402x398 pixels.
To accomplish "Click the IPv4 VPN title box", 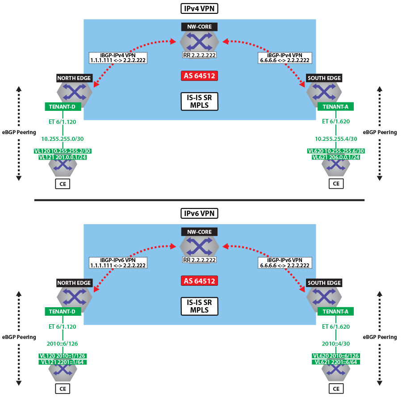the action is tap(199, 8).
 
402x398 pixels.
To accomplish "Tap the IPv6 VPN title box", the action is tap(199, 213).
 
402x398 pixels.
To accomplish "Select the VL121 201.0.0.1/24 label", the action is tap(63, 157).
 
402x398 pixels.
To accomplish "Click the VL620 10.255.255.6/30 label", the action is tap(336, 151).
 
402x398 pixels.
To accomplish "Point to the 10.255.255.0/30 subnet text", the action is tap(63, 139).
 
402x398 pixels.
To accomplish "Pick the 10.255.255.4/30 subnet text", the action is tap(336, 139).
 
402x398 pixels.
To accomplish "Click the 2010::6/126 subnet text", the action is tap(62, 343).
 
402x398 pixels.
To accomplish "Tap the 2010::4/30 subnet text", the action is tap(336, 343).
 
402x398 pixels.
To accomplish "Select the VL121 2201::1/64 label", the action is tap(63, 362).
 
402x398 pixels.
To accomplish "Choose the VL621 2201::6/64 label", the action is tap(336, 362).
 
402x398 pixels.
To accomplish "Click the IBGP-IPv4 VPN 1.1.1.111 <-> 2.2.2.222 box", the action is tap(118, 58).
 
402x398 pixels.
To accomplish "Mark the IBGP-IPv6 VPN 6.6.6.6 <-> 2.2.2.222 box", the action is tap(285, 263).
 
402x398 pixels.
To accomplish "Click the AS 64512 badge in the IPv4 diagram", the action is tap(199, 76).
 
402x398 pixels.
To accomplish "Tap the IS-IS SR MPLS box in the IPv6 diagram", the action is tap(199, 306).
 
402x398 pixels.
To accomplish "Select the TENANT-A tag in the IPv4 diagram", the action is tap(335, 106).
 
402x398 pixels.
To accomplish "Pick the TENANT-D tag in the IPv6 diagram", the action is tap(63, 312).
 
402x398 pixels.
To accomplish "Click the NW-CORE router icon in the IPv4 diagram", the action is tap(199, 41).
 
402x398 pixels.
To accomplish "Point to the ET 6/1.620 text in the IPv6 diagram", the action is tap(336, 326).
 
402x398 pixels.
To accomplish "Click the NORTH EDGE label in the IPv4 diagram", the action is tap(74, 78).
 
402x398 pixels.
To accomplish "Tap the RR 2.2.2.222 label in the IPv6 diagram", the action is tap(199, 260).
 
